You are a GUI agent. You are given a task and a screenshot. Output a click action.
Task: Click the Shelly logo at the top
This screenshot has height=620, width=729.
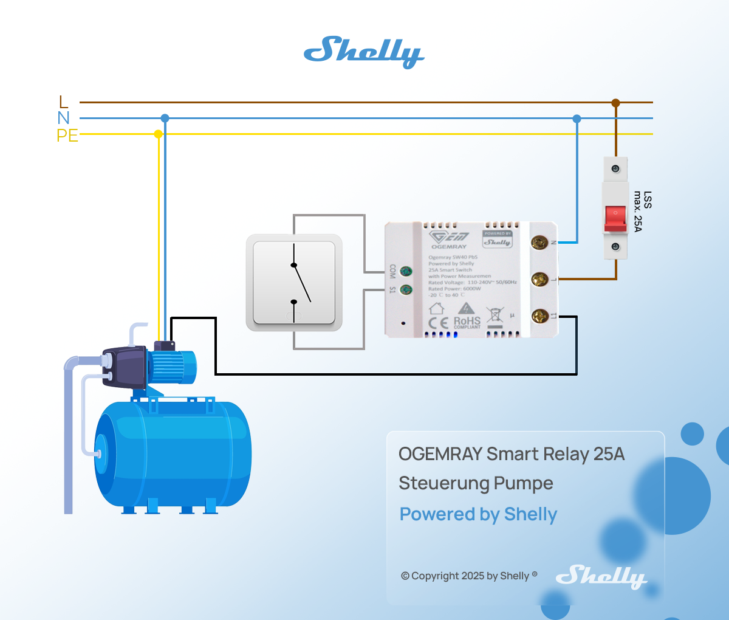pyautogui.click(x=363, y=52)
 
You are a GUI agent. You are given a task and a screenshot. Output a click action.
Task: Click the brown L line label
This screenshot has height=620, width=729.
pyautogui.click(x=64, y=102)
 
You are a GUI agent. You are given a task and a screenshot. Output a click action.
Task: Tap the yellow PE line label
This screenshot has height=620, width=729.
pyautogui.click(x=67, y=135)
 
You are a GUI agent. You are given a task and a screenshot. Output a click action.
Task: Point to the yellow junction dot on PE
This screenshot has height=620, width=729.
pyautogui.click(x=158, y=134)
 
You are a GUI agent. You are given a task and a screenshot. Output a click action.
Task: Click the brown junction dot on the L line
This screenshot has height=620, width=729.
pyautogui.click(x=615, y=103)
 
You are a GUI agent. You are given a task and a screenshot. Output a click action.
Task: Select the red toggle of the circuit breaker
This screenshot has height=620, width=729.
pyautogui.click(x=615, y=218)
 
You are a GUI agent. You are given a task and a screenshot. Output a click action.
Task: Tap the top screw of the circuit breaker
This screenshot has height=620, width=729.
pyautogui.click(x=615, y=168)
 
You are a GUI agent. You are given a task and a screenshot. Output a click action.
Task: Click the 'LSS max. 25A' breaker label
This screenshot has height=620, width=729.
pyautogui.click(x=642, y=211)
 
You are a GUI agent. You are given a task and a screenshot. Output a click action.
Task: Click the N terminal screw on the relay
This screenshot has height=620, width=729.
pyautogui.click(x=539, y=243)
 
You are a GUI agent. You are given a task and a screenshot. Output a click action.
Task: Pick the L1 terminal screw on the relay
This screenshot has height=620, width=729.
pyautogui.click(x=539, y=316)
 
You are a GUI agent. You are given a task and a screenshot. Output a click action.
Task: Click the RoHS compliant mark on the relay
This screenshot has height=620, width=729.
pyautogui.click(x=467, y=322)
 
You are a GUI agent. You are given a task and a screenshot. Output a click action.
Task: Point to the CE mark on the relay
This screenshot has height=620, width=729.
pyautogui.click(x=439, y=323)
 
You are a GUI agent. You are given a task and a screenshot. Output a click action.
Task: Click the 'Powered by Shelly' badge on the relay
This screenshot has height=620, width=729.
pyautogui.click(x=498, y=239)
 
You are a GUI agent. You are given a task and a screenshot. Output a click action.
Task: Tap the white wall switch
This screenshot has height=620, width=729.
pyautogui.click(x=294, y=283)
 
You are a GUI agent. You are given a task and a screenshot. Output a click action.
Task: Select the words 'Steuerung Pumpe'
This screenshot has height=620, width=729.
pyautogui.click(x=476, y=484)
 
